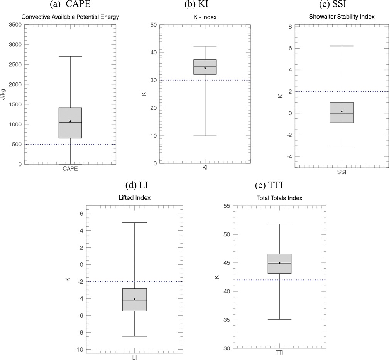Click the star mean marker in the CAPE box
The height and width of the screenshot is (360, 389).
70,121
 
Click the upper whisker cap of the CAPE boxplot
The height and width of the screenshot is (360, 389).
70,56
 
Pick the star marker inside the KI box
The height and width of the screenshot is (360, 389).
205,68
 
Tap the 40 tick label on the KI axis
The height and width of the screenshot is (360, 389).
154,52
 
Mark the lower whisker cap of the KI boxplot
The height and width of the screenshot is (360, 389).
205,136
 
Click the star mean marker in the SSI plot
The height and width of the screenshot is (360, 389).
342,111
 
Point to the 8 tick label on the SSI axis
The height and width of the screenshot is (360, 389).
289,27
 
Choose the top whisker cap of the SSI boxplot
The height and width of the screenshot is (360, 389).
342,46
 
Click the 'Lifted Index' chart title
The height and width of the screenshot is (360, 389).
135,197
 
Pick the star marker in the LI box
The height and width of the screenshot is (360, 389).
134,299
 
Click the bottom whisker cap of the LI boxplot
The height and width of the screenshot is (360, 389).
134,336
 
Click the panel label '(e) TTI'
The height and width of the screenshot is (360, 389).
269,185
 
